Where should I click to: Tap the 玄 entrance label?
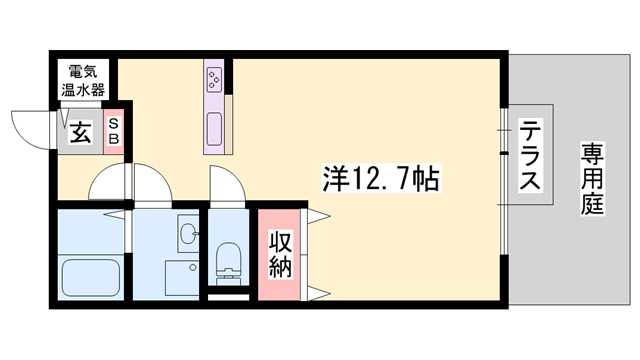79,132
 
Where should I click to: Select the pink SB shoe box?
113,130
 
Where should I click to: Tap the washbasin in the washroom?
188,235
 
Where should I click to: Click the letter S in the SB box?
113,123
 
